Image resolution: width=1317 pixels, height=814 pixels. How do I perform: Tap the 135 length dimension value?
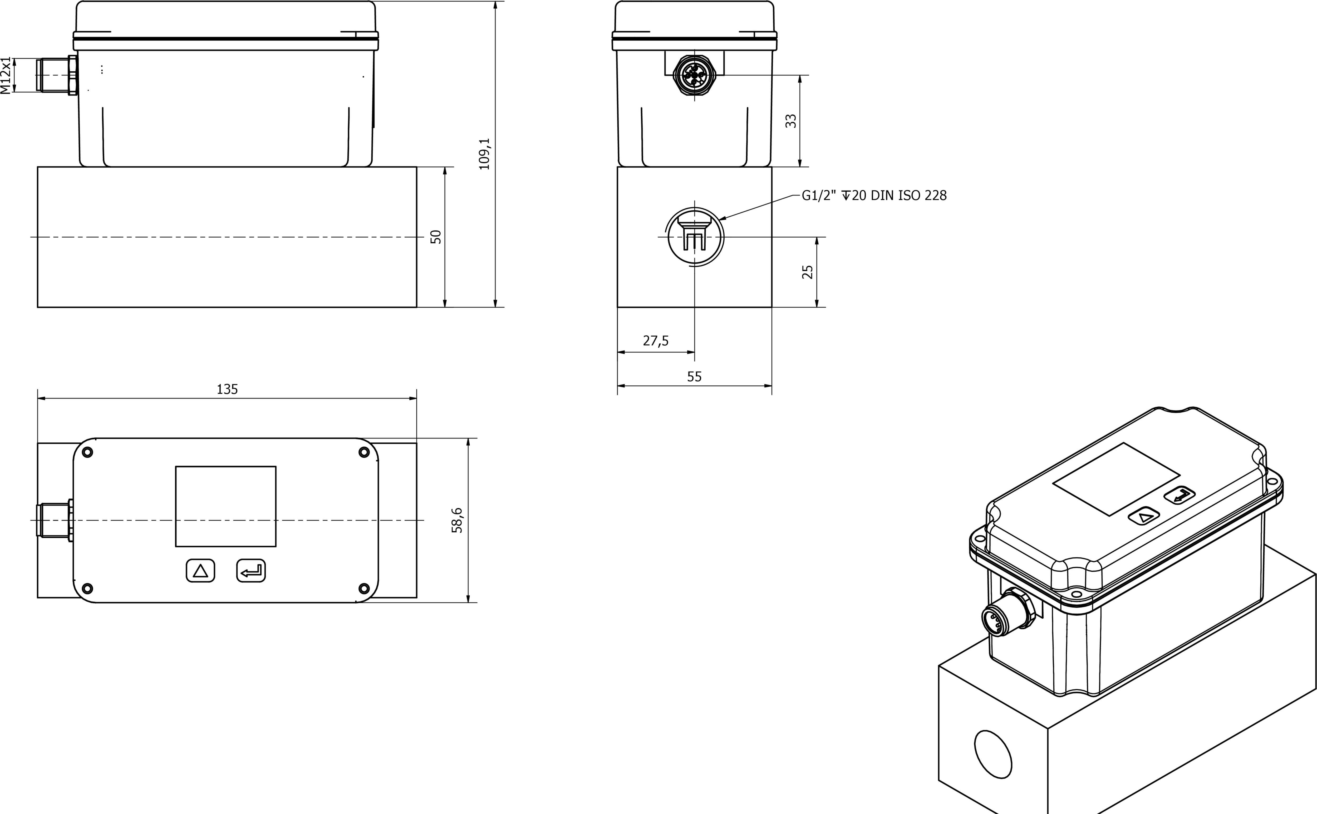227,389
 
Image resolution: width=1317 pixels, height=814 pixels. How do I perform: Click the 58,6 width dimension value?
457,520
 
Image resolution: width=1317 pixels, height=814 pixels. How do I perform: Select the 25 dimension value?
807,272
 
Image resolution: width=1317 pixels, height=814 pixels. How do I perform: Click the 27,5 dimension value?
656,341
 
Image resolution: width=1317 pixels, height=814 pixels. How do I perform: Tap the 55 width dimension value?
694,377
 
